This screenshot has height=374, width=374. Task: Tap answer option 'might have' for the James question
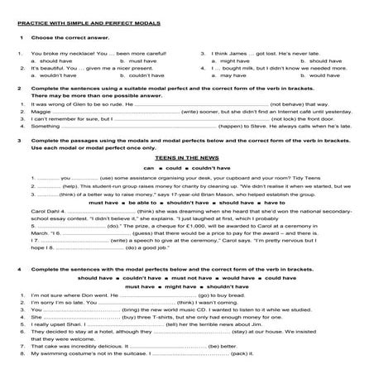[x=228, y=60]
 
